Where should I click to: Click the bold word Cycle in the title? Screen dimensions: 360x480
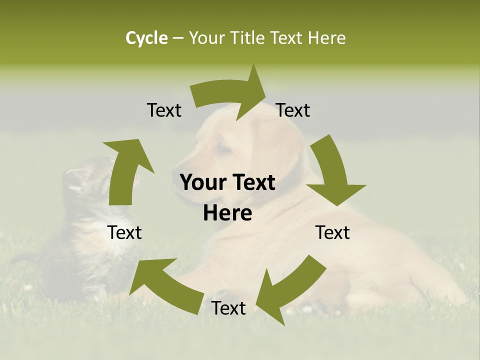(x=146, y=38)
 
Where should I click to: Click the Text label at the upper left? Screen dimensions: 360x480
(x=164, y=110)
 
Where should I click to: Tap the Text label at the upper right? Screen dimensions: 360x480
(x=293, y=110)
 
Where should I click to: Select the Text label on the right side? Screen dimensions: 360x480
(x=332, y=232)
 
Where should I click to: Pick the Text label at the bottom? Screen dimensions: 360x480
(x=228, y=308)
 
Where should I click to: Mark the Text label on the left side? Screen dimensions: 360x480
(x=124, y=232)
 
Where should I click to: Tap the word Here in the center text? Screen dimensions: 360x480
(x=227, y=213)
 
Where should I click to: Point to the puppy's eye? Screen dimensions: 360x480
(x=223, y=149)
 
